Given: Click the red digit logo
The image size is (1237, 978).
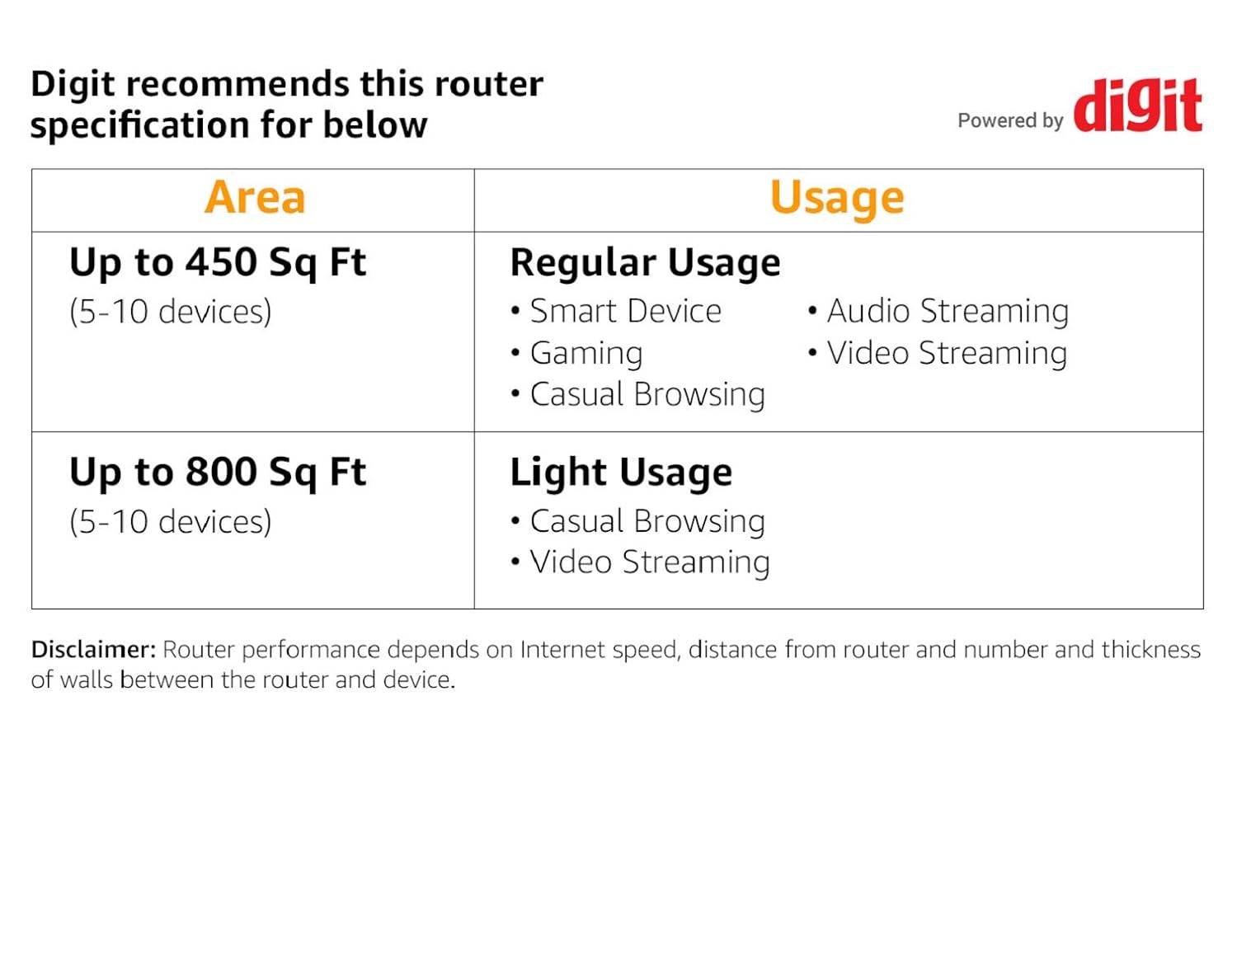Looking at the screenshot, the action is click(x=1137, y=105).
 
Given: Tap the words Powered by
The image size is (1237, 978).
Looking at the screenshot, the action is click(x=1010, y=120).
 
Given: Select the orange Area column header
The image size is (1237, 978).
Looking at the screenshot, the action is click(x=255, y=198).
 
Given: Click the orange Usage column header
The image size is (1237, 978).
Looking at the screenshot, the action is click(x=837, y=199).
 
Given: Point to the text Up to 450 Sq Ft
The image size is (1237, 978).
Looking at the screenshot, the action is click(x=217, y=263).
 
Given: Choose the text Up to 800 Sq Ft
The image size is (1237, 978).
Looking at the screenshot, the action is click(x=217, y=473).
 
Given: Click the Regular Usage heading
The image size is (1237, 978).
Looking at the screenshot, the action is click(x=645, y=263).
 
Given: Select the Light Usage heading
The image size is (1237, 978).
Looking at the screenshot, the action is click(x=621, y=473).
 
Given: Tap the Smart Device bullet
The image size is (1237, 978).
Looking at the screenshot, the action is click(x=616, y=311).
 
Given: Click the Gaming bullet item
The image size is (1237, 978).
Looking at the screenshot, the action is click(x=576, y=353).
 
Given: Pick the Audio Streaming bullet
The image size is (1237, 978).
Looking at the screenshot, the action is click(x=938, y=311).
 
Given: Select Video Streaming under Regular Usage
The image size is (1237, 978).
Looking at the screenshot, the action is click(x=938, y=353).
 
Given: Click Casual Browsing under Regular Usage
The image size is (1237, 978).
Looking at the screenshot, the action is click(x=638, y=395).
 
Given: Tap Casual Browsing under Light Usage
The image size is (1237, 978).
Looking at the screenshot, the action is click(x=638, y=521).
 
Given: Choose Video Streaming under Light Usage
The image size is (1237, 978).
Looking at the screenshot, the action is click(x=640, y=562).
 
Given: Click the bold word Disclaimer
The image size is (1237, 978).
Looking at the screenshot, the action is click(x=93, y=650).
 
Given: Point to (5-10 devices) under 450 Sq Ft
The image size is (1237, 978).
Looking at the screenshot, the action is click(x=170, y=313).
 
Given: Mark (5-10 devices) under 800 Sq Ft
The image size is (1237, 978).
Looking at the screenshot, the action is click(x=170, y=522).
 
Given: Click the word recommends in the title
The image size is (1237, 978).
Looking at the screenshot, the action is click(x=238, y=84).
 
